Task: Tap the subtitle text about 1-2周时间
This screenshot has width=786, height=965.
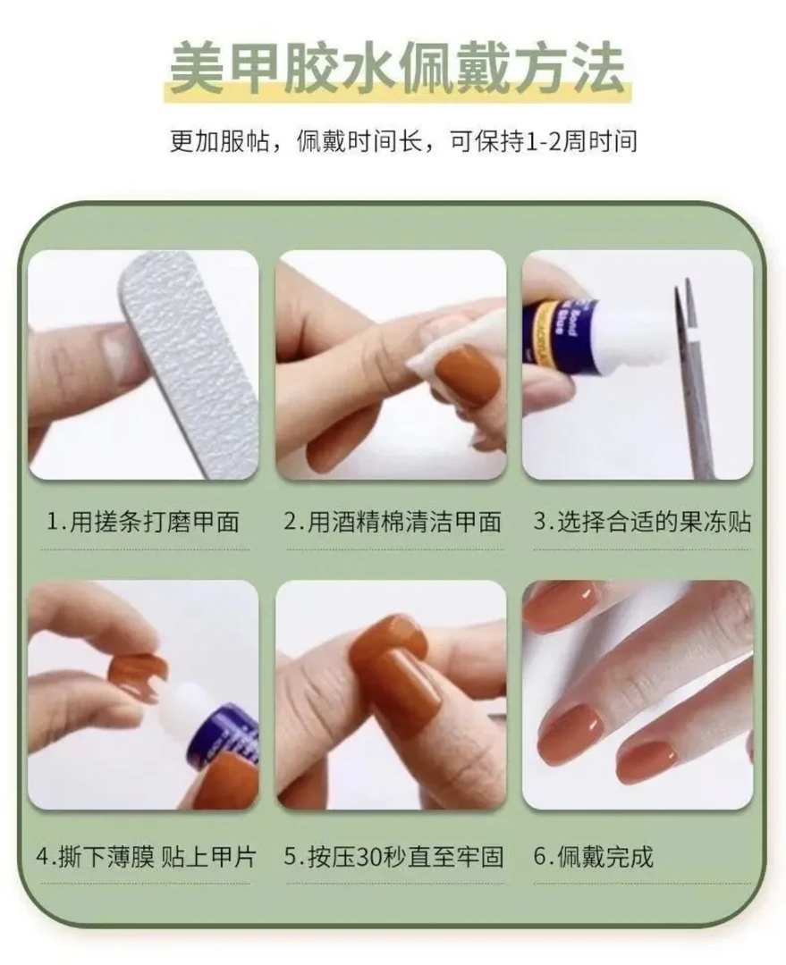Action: [x=403, y=141]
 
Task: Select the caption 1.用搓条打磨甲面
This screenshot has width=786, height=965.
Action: [x=144, y=521]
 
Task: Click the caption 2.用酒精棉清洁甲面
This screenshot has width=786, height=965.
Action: [x=393, y=521]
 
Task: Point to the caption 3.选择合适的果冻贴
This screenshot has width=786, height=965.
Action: [x=642, y=521]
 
